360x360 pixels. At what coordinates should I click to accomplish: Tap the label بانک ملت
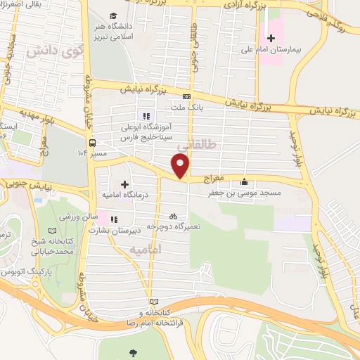186,108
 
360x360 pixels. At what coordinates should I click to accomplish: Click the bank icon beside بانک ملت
186,97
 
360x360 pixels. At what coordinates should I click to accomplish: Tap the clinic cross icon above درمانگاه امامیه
124,184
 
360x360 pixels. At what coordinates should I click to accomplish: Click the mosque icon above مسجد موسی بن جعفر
244,181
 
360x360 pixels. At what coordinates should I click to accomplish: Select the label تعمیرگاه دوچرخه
172,226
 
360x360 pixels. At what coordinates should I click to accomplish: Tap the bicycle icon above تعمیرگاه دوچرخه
173,217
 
